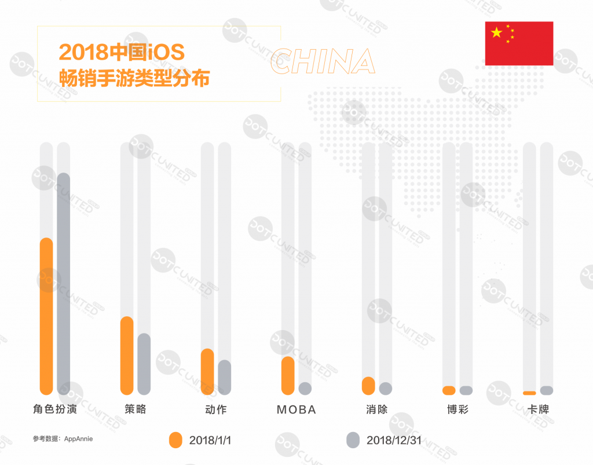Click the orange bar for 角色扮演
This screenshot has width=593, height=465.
[x=46, y=316]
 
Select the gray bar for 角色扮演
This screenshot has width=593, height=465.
[x=64, y=284]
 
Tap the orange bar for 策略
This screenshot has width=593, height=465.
[x=127, y=356]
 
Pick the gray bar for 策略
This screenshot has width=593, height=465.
[x=144, y=364]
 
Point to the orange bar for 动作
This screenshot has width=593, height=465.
[x=207, y=372]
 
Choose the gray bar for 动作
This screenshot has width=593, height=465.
[x=225, y=378]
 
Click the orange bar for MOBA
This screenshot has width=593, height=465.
[x=288, y=376]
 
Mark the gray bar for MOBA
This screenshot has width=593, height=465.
[x=305, y=389]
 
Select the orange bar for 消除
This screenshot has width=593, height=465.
[x=368, y=386]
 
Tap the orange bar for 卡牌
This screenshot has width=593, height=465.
[x=529, y=393]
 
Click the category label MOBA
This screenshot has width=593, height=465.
[x=296, y=410]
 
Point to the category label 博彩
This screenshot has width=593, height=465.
[x=457, y=410]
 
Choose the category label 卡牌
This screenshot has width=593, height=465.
[x=538, y=410]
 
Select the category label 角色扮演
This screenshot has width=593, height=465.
[x=55, y=410]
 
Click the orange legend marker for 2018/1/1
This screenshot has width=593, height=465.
[x=175, y=440]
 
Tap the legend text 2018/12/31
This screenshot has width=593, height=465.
[x=394, y=441]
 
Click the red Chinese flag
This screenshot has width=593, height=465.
[x=519, y=43]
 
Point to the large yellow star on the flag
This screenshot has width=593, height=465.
[x=496, y=32]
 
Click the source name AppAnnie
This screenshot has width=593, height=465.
[x=77, y=439]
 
